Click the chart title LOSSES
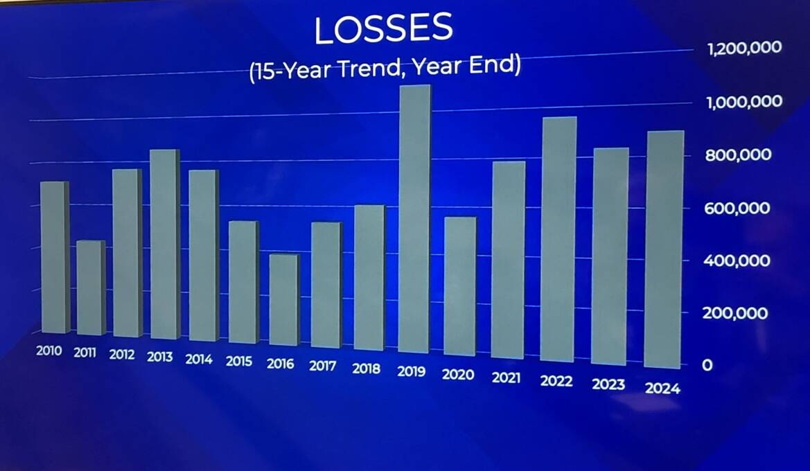coord(383,29)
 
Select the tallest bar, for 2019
coord(414,219)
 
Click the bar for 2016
coord(284,299)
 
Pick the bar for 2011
coord(91,287)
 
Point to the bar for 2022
coord(558,239)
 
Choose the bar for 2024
coord(664,249)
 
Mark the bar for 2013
coord(166,245)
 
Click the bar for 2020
coord(460,286)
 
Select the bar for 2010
coord(55,257)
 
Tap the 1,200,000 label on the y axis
coord(744,48)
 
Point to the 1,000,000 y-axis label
coord(744,102)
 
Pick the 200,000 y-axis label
coord(735,313)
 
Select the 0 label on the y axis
coord(707,365)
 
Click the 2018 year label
coord(367,368)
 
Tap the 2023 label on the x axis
coord(608,384)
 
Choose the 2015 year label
coord(239,361)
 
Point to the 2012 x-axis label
coord(122,354)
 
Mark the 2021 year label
coord(507,377)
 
